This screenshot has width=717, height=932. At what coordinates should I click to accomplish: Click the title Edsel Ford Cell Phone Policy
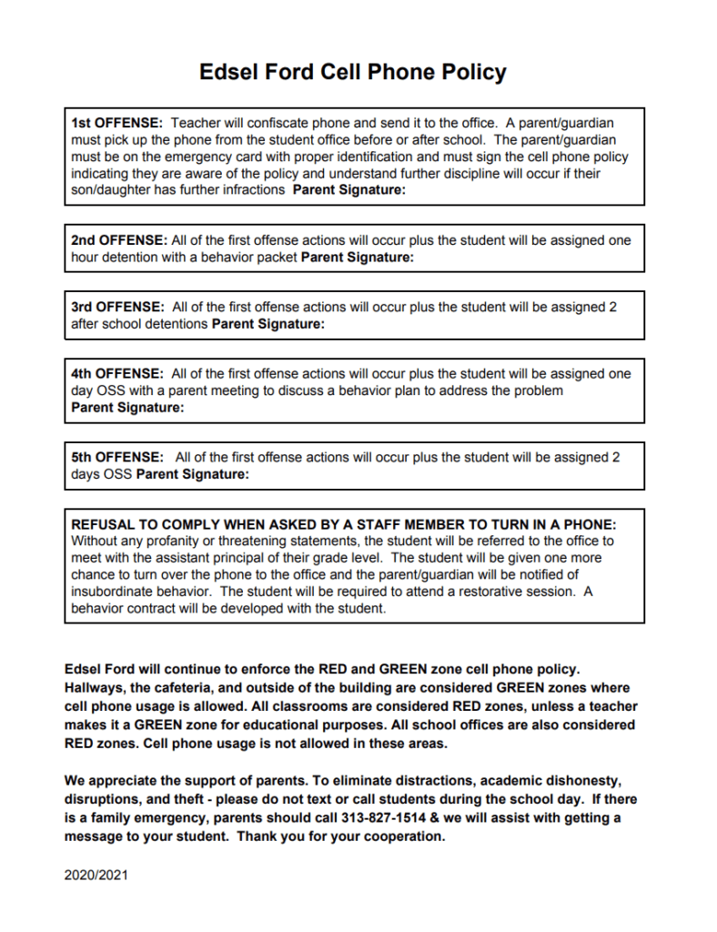(x=353, y=73)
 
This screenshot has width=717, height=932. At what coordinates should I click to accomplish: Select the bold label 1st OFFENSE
(x=116, y=122)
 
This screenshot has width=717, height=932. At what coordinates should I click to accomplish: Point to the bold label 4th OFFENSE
(x=116, y=374)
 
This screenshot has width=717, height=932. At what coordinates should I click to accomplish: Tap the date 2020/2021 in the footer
(x=96, y=876)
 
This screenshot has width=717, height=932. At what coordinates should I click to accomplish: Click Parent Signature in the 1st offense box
(x=348, y=191)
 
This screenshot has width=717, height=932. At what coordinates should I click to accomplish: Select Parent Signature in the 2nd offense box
(x=357, y=258)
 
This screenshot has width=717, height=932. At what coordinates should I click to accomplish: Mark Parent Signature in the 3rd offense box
(x=268, y=324)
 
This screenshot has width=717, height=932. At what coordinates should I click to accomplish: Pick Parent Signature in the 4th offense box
(x=127, y=408)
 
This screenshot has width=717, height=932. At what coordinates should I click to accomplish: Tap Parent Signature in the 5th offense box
(x=192, y=474)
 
